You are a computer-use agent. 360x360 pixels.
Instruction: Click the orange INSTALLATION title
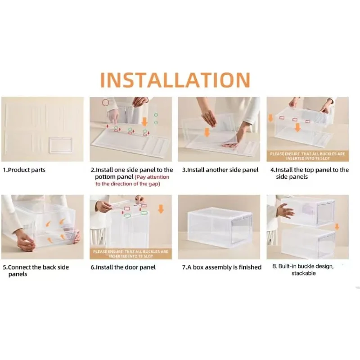[x=175, y=80]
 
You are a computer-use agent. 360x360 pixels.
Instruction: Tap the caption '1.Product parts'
[x=24, y=170]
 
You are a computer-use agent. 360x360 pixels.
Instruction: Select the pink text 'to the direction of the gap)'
[x=128, y=184]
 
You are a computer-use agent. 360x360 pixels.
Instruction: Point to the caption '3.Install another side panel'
[x=220, y=170]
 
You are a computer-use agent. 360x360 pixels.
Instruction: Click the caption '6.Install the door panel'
[x=123, y=267]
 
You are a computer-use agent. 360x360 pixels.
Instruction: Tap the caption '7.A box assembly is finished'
[x=222, y=267]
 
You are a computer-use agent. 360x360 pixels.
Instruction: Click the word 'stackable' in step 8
[x=303, y=273]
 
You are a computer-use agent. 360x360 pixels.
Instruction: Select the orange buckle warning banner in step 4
[x=307, y=156]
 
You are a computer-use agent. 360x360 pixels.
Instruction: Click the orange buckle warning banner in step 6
[x=130, y=254]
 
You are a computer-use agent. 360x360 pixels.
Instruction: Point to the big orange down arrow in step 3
[x=207, y=132]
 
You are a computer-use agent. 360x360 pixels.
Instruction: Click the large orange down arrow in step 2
[x=144, y=122]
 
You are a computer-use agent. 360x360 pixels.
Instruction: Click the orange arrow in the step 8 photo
[x=337, y=227]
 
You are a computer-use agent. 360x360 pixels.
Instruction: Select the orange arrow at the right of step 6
[x=161, y=209]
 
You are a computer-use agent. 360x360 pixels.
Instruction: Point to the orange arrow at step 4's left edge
[x=270, y=118]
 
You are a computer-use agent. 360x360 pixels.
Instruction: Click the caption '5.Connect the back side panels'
[x=36, y=271]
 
